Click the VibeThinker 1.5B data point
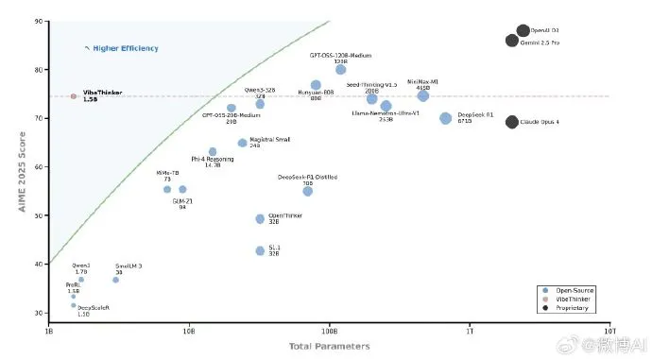click(x=74, y=96)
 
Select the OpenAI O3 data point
click(x=523, y=31)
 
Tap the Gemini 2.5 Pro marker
click(x=511, y=41)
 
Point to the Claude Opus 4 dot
click(x=511, y=122)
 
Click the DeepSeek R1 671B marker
click(x=446, y=118)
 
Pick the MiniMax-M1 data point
click(x=423, y=95)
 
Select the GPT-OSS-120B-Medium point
click(x=341, y=69)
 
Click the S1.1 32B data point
click(x=261, y=250)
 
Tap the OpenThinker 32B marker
click(x=261, y=219)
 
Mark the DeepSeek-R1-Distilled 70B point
click(x=308, y=191)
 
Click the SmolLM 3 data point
click(x=116, y=280)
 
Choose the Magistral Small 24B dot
click(x=242, y=143)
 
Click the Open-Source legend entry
click(x=575, y=290)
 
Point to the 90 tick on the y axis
click(x=37, y=21)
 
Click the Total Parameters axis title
click(x=329, y=347)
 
